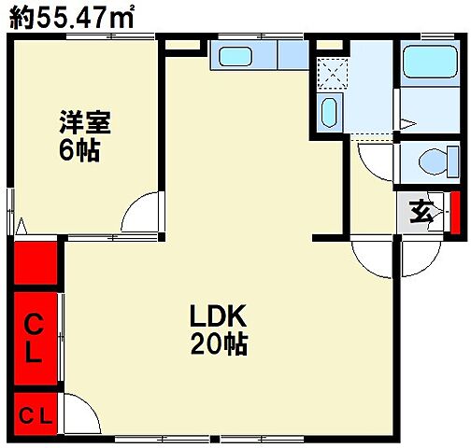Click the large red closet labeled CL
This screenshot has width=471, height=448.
click(35, 340)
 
